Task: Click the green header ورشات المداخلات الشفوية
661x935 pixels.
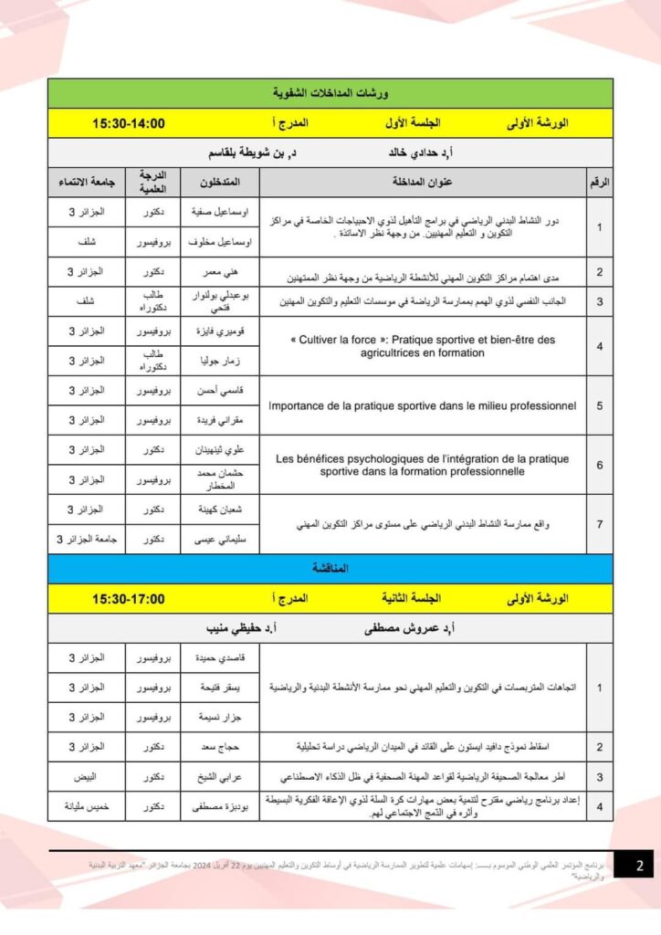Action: pos(330,93)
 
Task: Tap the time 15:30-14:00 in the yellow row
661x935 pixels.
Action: pos(129,122)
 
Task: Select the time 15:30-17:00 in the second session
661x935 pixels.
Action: pos(129,599)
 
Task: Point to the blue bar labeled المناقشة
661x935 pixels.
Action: pos(330,569)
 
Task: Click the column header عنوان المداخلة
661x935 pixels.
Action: pos(423,182)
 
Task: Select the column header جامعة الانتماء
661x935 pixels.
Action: pos(87,182)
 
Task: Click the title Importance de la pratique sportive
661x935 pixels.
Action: pos(422,404)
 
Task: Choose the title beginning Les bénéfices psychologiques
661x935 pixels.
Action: pos(422,465)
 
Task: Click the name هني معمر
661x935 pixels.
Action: pos(219,272)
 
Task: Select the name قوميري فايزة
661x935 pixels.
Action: pos(219,331)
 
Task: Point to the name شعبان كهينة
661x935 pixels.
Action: pos(219,509)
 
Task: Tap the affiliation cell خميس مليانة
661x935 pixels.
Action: pos(87,806)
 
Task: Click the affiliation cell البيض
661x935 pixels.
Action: pos(87,777)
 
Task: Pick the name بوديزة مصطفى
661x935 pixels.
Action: pos(219,806)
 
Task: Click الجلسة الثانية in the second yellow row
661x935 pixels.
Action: pos(411,599)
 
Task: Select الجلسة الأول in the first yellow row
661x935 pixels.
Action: pos(411,122)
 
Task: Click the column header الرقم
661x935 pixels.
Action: pos(600,182)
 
